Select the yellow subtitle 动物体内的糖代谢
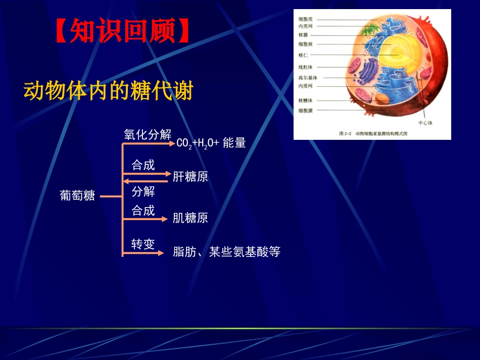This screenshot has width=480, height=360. tap(108, 91)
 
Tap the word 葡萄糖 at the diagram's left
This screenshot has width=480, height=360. tap(77, 196)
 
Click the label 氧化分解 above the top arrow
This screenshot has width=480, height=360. tap(148, 135)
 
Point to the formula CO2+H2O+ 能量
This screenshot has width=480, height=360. tap(211, 143)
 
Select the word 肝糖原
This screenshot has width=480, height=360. tap(190, 177)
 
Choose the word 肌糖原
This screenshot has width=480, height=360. tap(190, 218)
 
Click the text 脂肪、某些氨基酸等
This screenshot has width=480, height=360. tap(226, 252)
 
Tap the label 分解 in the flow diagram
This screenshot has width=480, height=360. tap(143, 192)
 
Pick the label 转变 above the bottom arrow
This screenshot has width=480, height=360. tap(143, 244)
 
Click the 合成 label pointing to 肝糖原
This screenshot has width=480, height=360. tap(143, 165)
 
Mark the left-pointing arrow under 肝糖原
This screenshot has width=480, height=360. tap(147, 181)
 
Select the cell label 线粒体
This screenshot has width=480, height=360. tap(306, 67)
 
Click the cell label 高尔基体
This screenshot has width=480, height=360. tap(307, 78)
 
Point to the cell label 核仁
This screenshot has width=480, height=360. tap(303, 55)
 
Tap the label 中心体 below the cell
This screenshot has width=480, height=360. tap(425, 123)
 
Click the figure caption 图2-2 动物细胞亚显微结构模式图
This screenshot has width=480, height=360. tap(373, 134)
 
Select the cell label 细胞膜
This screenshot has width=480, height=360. tap(306, 110)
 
